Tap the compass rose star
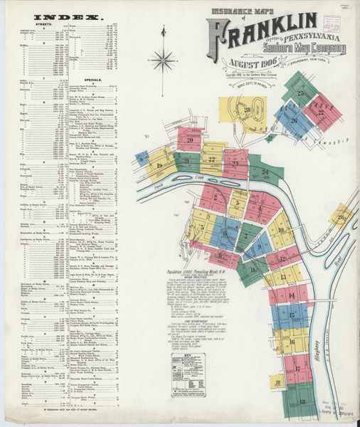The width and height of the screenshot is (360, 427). click(164, 59)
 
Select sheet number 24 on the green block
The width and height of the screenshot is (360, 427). click(265, 172)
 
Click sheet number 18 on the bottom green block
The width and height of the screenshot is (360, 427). click(302, 401)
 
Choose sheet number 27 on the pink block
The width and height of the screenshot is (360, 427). click(321, 112)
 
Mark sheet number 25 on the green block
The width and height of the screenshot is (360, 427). click(301, 93)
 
